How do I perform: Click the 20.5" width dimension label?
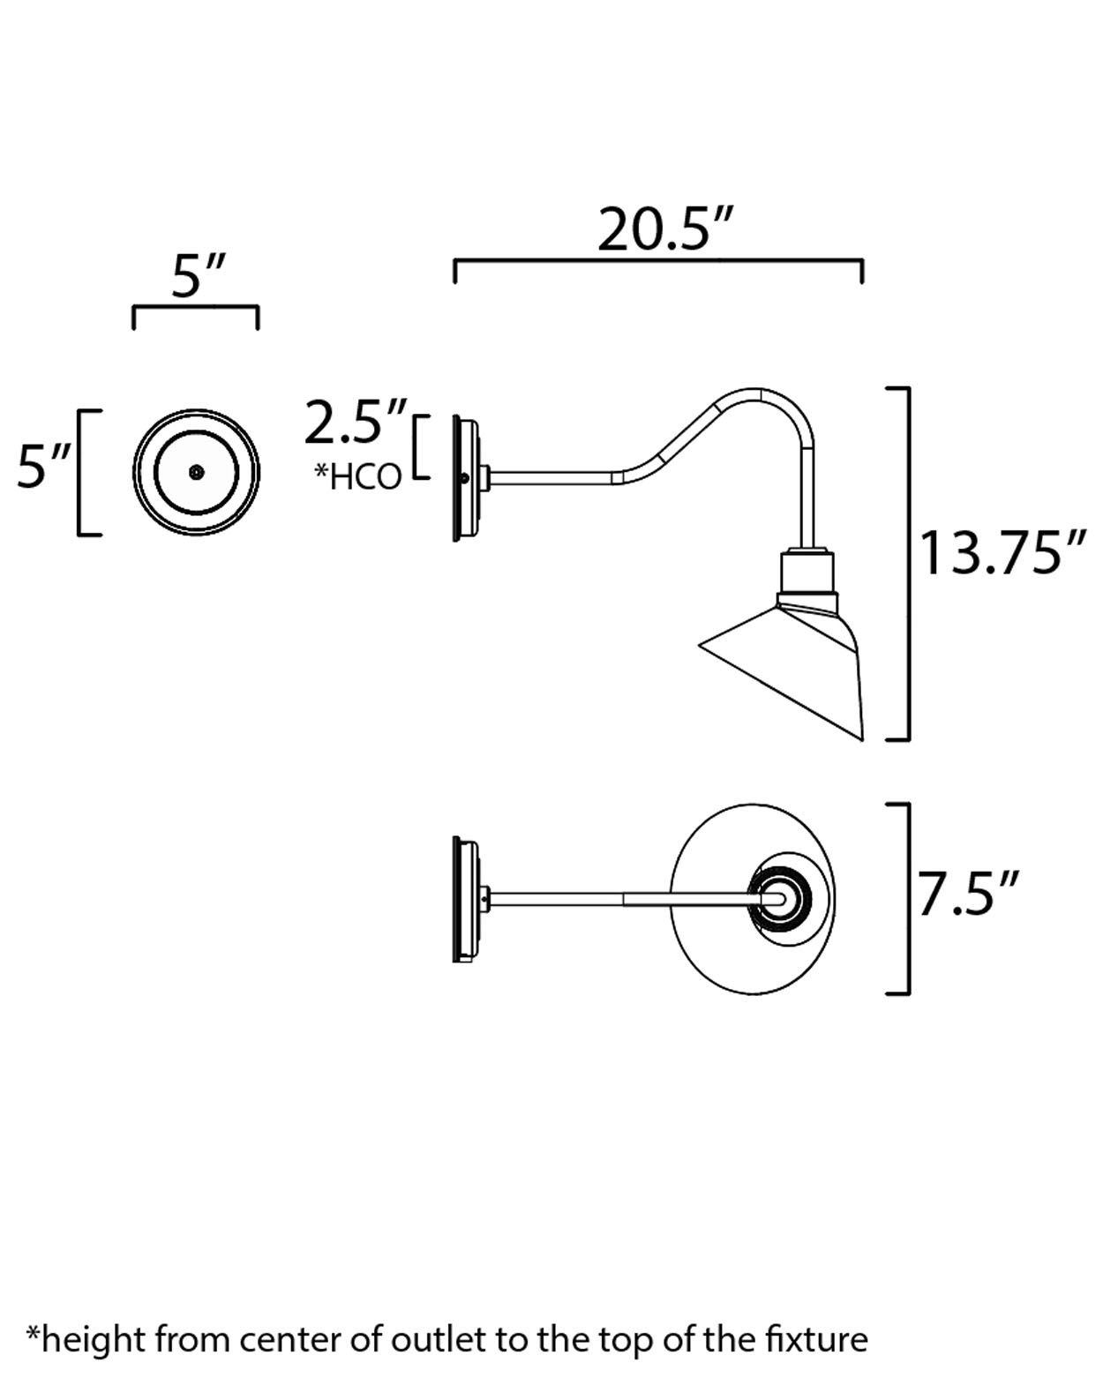pos(666,230)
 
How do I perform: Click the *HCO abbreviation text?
pos(358,476)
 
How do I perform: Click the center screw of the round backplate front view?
pos(196,472)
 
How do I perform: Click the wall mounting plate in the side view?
pos(465,478)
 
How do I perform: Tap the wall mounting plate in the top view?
pos(465,898)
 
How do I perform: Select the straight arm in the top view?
pos(618,899)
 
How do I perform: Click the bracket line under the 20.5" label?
pos(657,261)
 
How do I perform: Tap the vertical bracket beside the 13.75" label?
pos(907,563)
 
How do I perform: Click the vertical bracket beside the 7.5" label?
pos(907,898)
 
